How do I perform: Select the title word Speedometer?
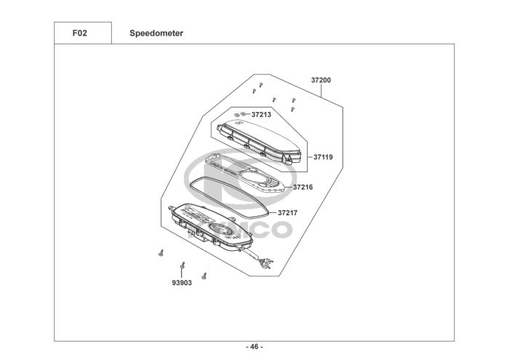click(x=156, y=33)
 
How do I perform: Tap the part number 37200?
click(x=321, y=80)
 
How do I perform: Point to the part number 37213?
click(x=261, y=114)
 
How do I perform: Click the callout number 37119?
click(x=323, y=156)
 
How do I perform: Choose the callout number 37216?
click(x=302, y=187)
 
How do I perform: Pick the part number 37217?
click(x=288, y=213)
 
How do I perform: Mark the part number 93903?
click(x=182, y=282)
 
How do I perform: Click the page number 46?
click(x=254, y=346)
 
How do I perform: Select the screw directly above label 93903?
click(x=183, y=266)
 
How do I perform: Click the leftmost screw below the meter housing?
click(x=159, y=253)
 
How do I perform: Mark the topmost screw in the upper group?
click(x=259, y=85)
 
